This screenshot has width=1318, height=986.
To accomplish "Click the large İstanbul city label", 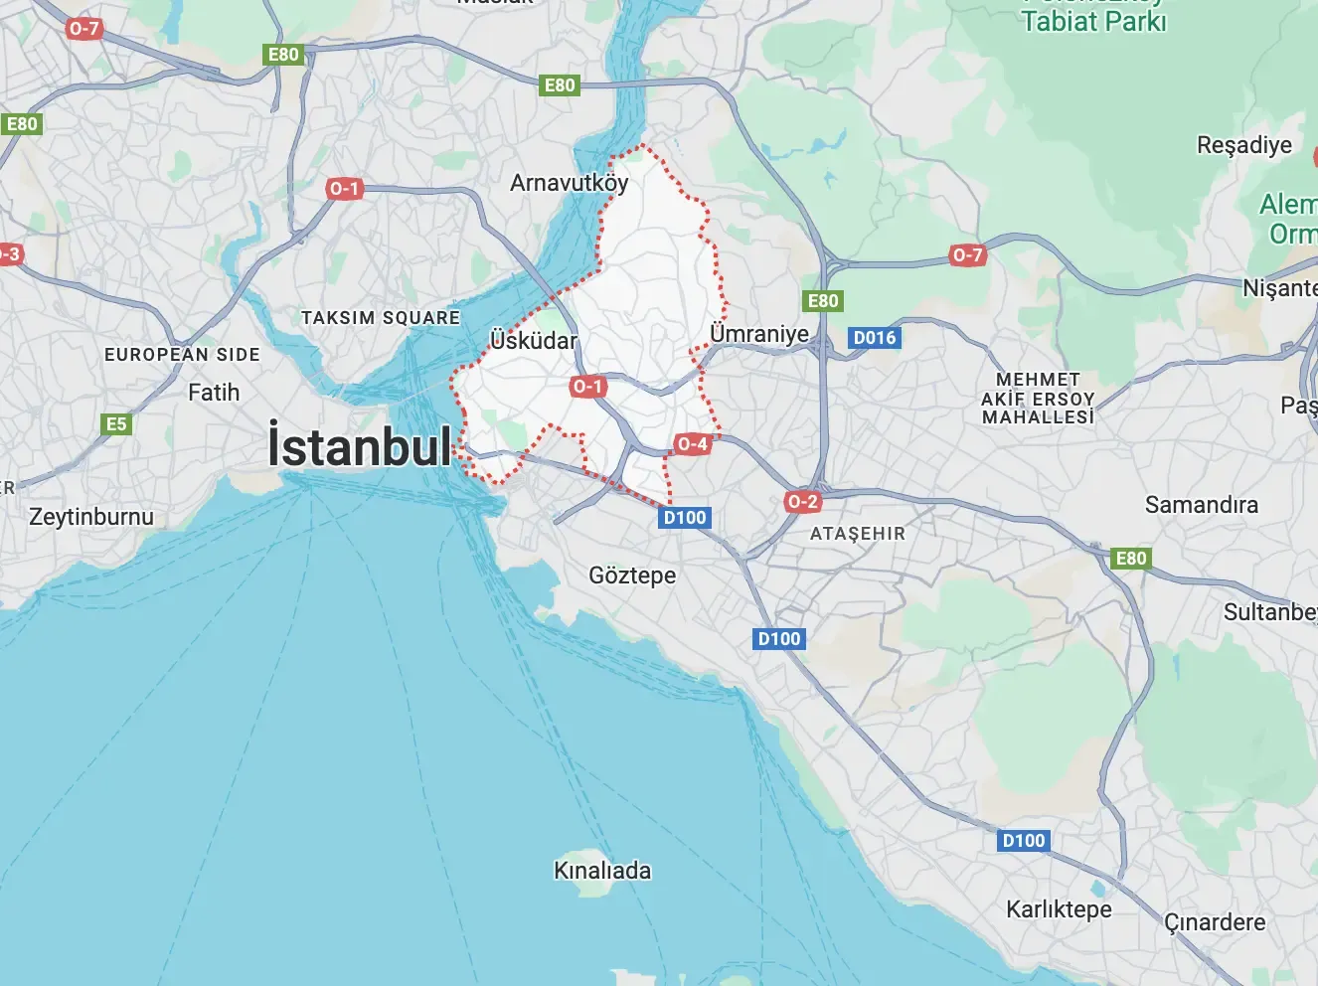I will (360, 446).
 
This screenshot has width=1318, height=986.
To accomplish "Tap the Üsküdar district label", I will (534, 341).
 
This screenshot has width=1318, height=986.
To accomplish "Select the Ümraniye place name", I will (759, 333).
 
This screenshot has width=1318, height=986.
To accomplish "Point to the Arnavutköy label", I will (569, 183).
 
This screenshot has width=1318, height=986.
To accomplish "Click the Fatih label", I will (214, 393).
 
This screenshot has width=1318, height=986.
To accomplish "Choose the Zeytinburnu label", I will (91, 517).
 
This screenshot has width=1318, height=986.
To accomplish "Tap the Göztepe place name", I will (632, 575).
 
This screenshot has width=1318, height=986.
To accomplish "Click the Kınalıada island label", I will (602, 871).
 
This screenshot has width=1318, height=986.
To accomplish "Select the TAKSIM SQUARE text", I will (381, 318).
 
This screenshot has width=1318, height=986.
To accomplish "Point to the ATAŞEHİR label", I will (858, 534).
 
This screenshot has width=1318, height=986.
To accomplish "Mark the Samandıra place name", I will (1201, 505).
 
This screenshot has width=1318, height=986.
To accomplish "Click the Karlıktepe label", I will (1059, 909).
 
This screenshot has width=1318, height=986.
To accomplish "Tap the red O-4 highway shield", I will (692, 444).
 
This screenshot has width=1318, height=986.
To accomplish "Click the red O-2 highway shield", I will (802, 502).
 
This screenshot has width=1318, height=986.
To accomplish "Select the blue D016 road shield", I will (875, 338).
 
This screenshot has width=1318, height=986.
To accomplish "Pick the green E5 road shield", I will (116, 424).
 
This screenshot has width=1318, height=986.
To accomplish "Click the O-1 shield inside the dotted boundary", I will (587, 387).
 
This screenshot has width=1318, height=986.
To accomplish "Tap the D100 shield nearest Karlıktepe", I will (1024, 841).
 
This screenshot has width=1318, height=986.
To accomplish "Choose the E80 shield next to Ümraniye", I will (822, 301).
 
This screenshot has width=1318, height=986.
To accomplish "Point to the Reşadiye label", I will (1244, 145).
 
